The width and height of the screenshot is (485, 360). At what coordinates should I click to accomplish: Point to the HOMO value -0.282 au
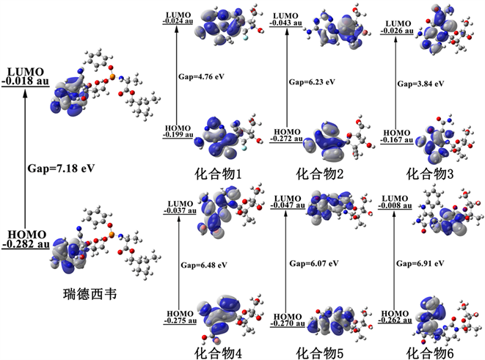coord(25,243)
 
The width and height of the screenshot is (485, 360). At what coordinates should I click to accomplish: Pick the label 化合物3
coord(429,174)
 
